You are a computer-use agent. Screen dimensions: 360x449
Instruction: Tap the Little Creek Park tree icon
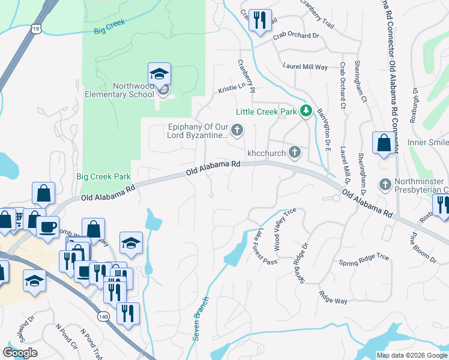(306, 111)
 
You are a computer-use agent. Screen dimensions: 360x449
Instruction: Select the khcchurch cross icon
(295, 152)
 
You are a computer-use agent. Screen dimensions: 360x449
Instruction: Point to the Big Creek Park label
(103, 176)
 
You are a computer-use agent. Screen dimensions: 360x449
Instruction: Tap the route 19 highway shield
(37, 28)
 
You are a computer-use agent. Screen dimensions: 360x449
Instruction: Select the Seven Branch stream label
(200, 319)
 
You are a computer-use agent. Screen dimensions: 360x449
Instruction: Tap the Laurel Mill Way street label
(305, 67)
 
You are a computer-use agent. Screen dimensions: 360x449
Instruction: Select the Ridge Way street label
(333, 297)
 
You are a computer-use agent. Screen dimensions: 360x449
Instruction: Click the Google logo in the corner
(20, 353)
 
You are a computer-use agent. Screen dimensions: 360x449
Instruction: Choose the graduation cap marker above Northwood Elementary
(159, 74)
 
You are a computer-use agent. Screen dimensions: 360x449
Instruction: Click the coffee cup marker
(49, 227)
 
